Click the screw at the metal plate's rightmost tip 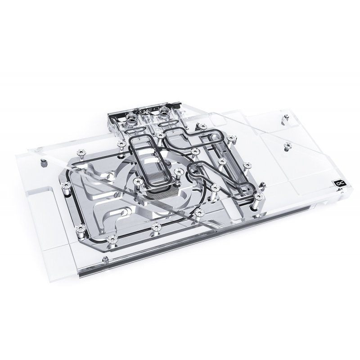(x=257, y=197)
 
